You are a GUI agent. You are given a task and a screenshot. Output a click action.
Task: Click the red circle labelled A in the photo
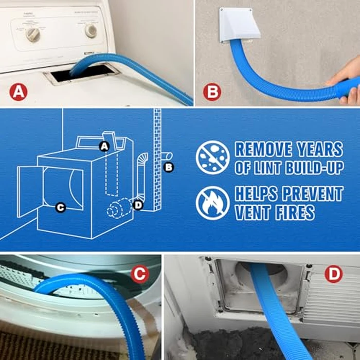coord(19,92)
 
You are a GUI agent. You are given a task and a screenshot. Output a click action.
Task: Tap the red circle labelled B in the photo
coord(211,92)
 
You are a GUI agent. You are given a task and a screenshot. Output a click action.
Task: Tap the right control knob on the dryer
coord(91,30)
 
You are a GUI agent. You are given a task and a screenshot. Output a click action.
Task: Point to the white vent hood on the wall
coord(236,25)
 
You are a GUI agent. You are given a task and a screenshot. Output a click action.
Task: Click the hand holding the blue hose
coord(346,82)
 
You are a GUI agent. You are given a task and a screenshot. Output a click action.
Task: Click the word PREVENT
coord(311,194)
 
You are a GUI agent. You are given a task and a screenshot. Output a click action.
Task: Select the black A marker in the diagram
coord(104,147)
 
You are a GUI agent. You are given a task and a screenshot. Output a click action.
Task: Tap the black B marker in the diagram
coord(169,166)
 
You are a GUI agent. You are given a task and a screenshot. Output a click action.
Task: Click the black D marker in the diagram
coord(137,205)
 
